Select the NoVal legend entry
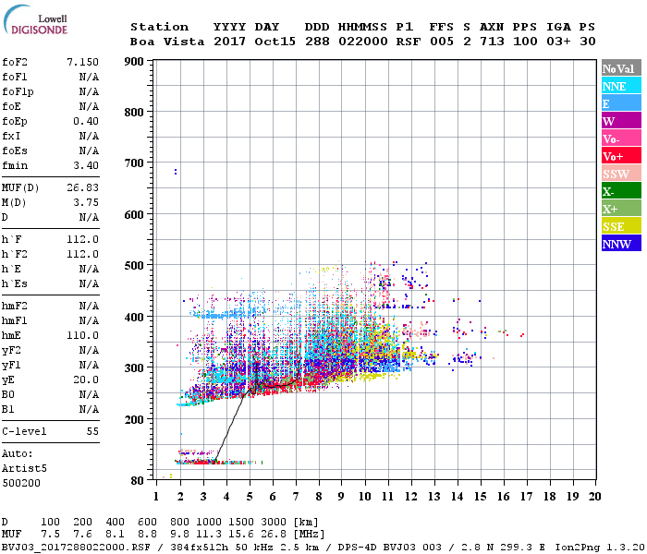pyautogui.click(x=620, y=68)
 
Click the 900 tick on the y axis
pyautogui.click(x=134, y=62)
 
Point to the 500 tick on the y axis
pyautogui.click(x=134, y=266)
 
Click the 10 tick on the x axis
pyautogui.click(x=364, y=496)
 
